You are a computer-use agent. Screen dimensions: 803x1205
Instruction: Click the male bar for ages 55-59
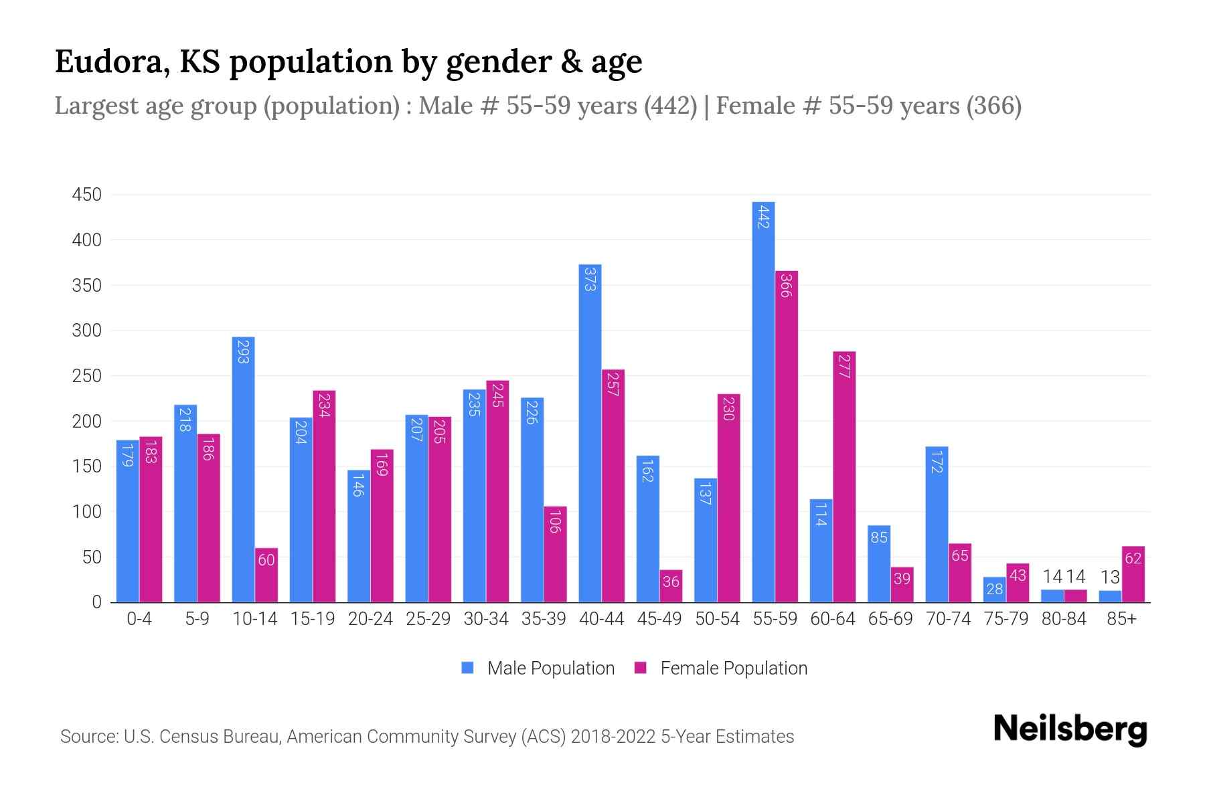tap(763, 401)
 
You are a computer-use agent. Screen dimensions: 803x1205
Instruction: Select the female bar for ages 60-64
tap(844, 476)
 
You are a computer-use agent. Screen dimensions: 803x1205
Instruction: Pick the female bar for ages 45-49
tap(671, 586)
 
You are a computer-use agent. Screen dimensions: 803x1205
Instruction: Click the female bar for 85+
tap(1133, 574)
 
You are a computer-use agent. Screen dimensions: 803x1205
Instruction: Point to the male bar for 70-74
tap(937, 525)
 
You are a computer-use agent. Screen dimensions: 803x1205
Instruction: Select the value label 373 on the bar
tap(590, 279)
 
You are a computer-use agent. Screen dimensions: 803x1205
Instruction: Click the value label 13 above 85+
tap(1110, 577)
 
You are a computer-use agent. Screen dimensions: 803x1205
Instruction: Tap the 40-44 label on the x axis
tap(601, 619)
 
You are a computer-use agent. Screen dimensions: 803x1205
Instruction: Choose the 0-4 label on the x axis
tap(139, 619)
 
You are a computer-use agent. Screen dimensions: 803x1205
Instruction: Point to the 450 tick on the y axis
tap(87, 195)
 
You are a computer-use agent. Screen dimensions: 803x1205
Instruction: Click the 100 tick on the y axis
tap(87, 512)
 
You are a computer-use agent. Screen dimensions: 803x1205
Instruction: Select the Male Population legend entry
tap(550, 668)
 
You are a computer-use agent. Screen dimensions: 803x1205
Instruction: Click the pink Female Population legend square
tap(641, 668)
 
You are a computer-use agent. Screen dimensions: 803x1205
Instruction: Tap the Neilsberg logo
tap(1070, 729)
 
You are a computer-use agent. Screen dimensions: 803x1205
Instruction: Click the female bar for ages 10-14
tap(266, 575)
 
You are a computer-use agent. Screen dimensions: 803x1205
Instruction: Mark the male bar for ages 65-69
tap(878, 563)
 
